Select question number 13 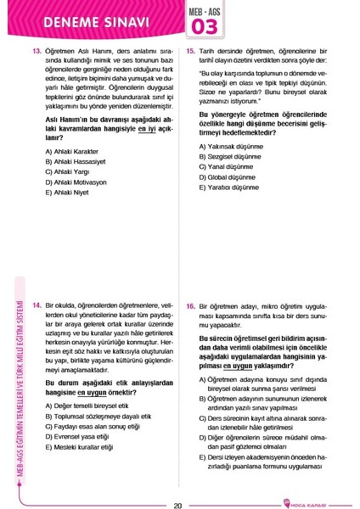[x=37, y=51]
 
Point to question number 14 [x=37, y=303]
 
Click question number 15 [x=192, y=51]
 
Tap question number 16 [x=192, y=303]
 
